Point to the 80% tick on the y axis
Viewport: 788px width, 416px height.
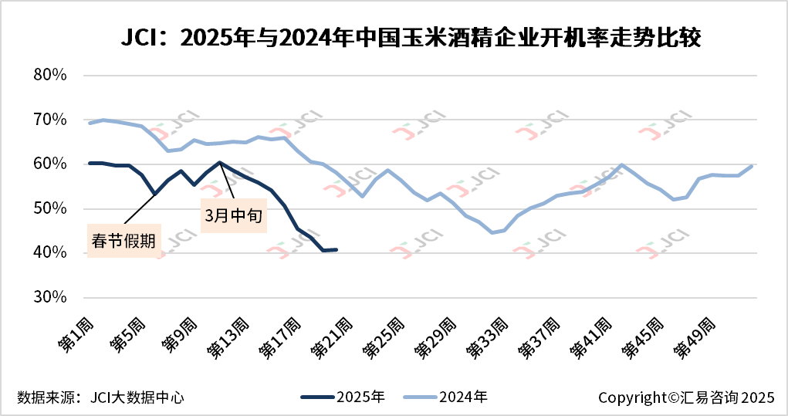click(x=52, y=76)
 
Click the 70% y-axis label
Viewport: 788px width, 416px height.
click(x=52, y=120)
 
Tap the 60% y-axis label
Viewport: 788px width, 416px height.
click(x=52, y=164)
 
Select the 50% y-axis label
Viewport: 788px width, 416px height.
click(x=52, y=208)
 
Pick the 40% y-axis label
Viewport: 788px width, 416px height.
click(x=52, y=253)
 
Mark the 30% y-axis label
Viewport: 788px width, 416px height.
click(x=52, y=297)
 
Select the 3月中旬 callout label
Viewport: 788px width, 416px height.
click(x=234, y=217)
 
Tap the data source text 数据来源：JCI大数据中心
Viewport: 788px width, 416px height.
click(x=101, y=397)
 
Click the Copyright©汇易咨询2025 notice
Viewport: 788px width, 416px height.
click(x=685, y=397)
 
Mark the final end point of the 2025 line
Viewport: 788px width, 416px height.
click(x=337, y=249)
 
